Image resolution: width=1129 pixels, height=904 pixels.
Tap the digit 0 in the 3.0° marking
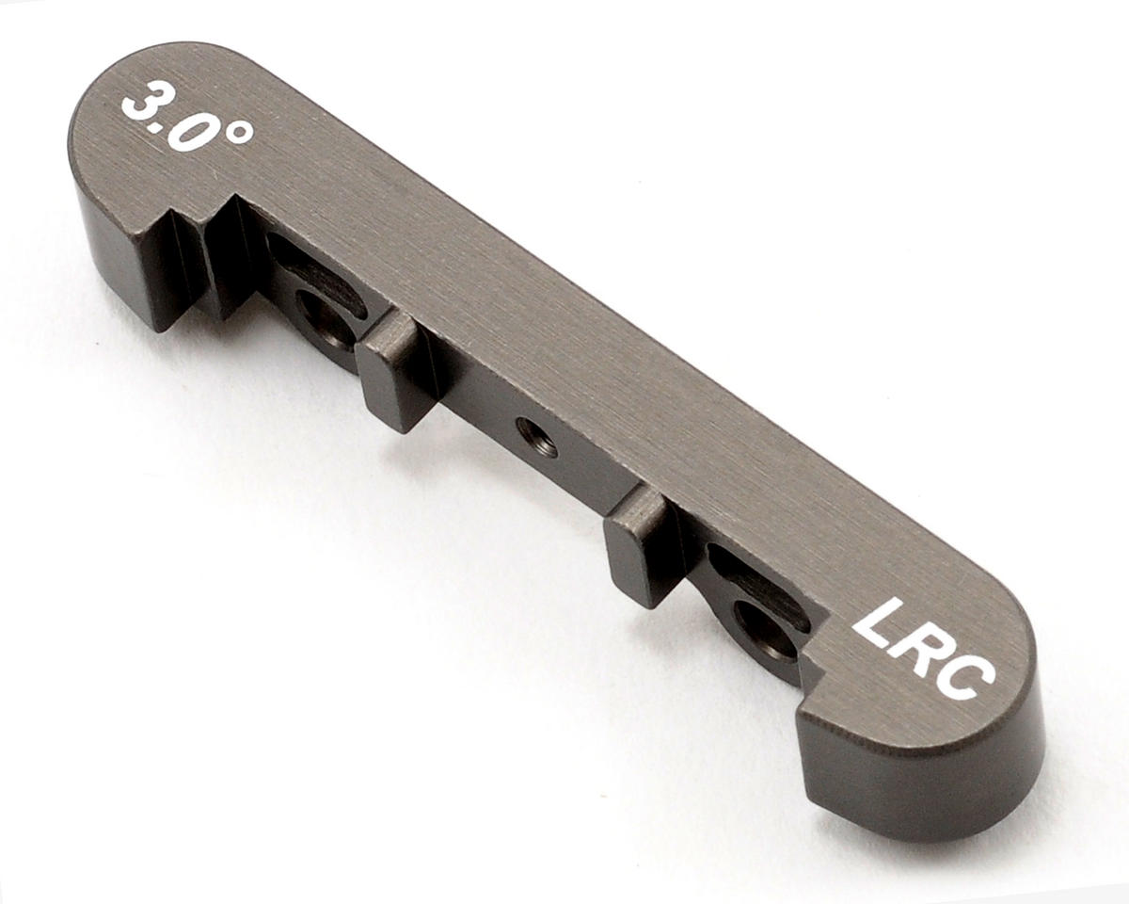pos(196,132)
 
